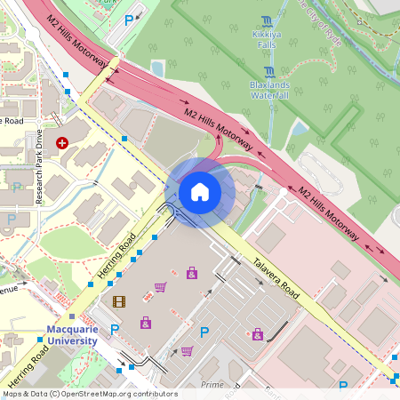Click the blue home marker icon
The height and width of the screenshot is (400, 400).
(x=200, y=192)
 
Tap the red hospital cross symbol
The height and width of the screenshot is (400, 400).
(x=62, y=142)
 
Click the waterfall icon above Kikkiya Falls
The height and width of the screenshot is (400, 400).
(x=268, y=21)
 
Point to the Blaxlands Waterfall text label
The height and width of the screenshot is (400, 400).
(x=269, y=89)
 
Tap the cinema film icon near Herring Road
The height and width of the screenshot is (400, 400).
(x=119, y=301)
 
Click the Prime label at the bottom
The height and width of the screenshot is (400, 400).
(x=212, y=384)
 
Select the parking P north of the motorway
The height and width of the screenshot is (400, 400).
(x=129, y=20)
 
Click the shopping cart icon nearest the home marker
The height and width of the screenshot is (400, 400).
(x=160, y=286)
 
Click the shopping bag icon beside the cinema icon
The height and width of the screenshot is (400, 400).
(x=146, y=322)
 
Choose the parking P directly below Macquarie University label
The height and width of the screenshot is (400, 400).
(x=114, y=330)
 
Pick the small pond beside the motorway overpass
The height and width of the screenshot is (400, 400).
(x=157, y=68)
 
